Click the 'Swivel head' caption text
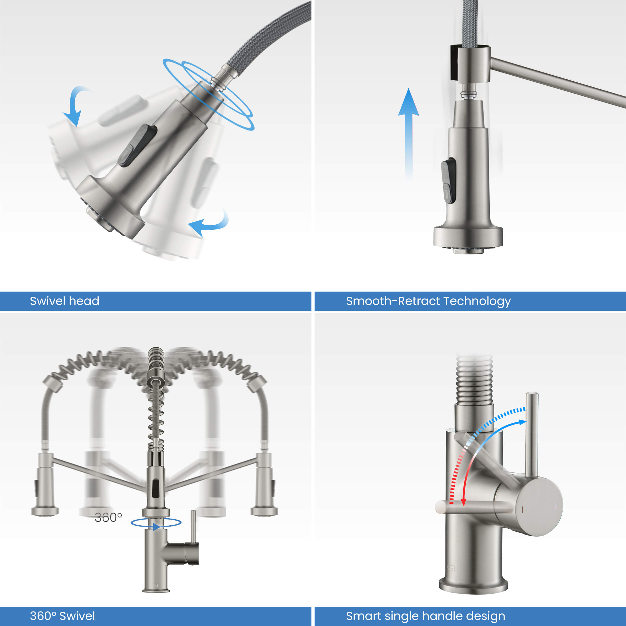[x=65, y=301]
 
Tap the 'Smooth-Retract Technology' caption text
[x=428, y=301]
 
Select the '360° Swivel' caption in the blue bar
[x=63, y=616]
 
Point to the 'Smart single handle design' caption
[x=425, y=616]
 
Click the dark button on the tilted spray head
[x=137, y=145]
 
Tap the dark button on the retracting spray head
[x=449, y=181]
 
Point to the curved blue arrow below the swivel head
[x=211, y=224]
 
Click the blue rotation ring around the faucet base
[x=156, y=522]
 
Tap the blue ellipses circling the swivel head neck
[x=208, y=94]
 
